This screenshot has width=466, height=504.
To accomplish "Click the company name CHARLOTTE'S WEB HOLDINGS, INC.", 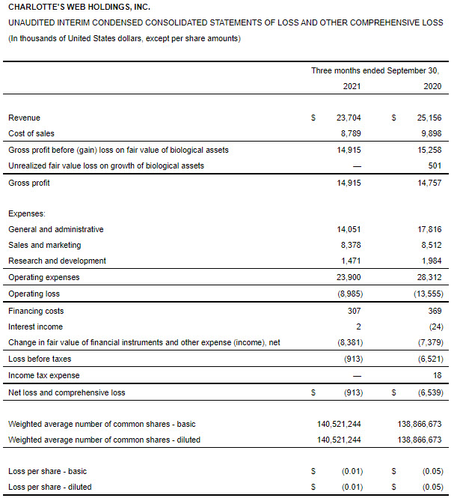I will coord(79,7).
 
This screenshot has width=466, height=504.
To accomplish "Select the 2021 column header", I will coord(352,87).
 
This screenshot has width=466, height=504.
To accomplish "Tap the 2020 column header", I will coord(432,87).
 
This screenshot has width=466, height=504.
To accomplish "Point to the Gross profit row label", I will coord(29,183).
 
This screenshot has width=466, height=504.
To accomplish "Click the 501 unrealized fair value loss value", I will coord(435,166).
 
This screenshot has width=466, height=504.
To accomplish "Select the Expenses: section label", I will coord(28,213).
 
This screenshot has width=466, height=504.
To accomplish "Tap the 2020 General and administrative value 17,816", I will coord(429,229).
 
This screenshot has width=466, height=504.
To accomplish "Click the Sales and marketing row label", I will coord(45,245).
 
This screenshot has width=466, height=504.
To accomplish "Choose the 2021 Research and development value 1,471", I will coord(352,261).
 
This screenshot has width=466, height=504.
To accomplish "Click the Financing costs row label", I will coord(36,311).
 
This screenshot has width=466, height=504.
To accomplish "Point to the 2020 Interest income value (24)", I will coord(434,327).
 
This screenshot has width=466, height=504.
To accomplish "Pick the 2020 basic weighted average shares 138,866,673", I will coord(420,424).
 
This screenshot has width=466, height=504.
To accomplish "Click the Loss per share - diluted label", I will coord(50,487).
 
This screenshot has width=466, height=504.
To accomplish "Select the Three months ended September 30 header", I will coord(375,70).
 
